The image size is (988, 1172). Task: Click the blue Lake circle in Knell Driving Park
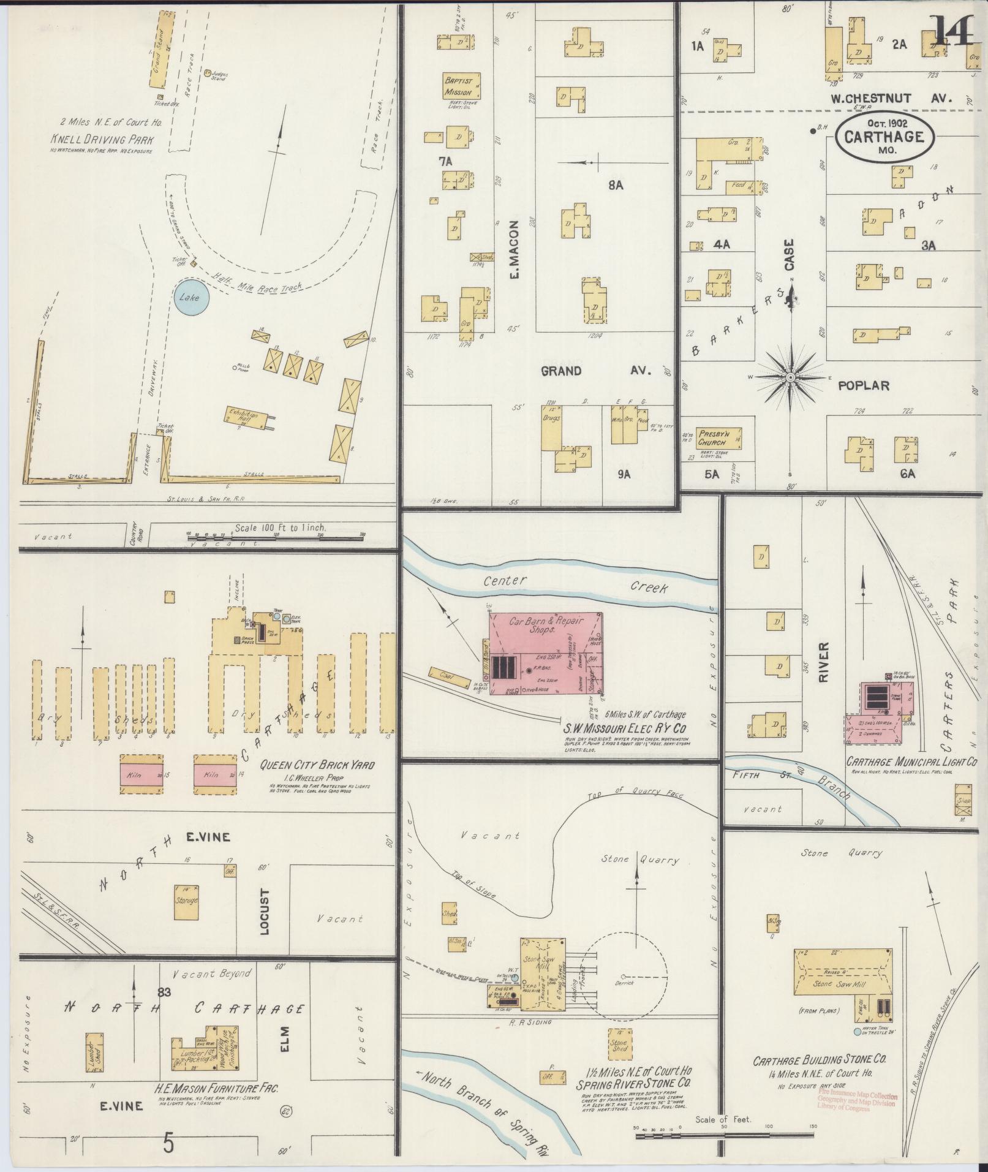[190, 298]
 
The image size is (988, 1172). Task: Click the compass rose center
[790, 377]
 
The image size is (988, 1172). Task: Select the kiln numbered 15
[141, 774]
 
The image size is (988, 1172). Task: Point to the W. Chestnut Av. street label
[888, 98]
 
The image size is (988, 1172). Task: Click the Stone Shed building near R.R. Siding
[618, 1042]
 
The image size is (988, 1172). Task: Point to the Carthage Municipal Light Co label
[911, 762]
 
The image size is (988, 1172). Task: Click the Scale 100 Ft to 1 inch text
[281, 527]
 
